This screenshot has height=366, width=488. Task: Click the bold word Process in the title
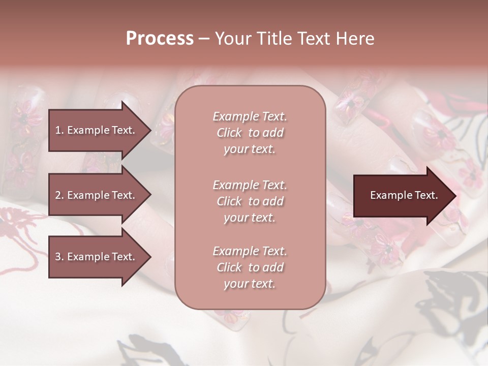pyautogui.click(x=160, y=39)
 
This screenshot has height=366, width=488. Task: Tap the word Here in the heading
pyautogui.click(x=355, y=39)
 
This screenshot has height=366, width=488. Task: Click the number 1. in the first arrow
pyautogui.click(x=59, y=130)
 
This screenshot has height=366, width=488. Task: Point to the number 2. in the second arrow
pyautogui.click(x=59, y=195)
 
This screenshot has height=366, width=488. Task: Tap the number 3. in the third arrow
pyautogui.click(x=59, y=257)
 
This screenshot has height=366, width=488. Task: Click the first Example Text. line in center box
pyautogui.click(x=250, y=116)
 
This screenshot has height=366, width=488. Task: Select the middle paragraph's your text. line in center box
pyautogui.click(x=250, y=218)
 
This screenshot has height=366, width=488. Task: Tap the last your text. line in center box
pyautogui.click(x=250, y=284)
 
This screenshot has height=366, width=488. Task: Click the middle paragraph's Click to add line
pyautogui.click(x=250, y=201)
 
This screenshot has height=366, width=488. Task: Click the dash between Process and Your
pyautogui.click(x=204, y=39)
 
